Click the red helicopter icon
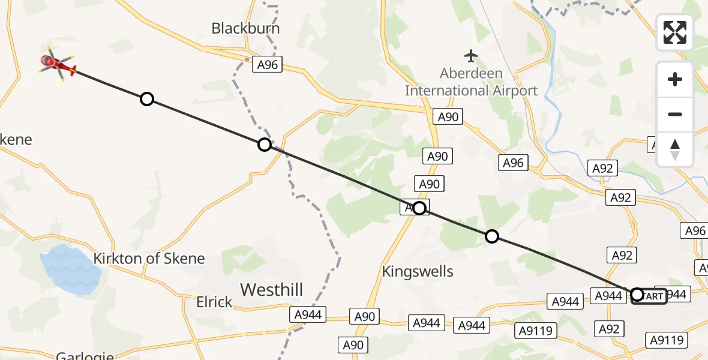58,63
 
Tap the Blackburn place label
245,28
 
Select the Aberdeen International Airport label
472,82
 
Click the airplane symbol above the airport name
472,56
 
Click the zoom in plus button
675,80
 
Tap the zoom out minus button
675,115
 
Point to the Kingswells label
418,272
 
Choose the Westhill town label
271,290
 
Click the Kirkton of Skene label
149,259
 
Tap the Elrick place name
214,302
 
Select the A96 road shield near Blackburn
268,64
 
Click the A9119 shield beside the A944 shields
536,330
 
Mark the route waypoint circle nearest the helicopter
147,99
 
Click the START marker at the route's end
649,296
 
